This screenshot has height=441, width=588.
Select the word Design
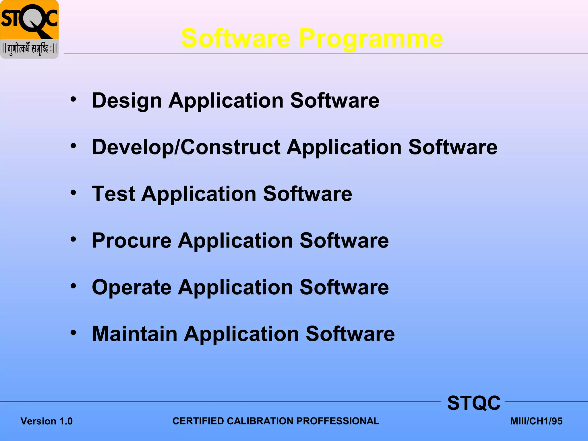point(127,101)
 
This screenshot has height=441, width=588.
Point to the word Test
point(113,194)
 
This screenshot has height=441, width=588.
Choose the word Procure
point(131,241)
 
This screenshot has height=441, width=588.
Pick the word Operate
point(131,287)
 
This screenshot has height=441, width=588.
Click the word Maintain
point(134,334)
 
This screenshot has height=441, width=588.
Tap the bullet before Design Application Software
point(73,99)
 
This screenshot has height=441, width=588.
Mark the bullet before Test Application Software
point(73,192)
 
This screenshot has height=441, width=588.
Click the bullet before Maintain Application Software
point(73,332)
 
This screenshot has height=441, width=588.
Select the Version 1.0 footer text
point(47,421)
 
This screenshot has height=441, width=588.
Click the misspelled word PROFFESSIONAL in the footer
point(338,421)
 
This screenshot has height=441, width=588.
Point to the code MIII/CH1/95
point(536,421)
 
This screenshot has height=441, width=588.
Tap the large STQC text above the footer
point(474,403)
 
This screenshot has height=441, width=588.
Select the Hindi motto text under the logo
point(29,49)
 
